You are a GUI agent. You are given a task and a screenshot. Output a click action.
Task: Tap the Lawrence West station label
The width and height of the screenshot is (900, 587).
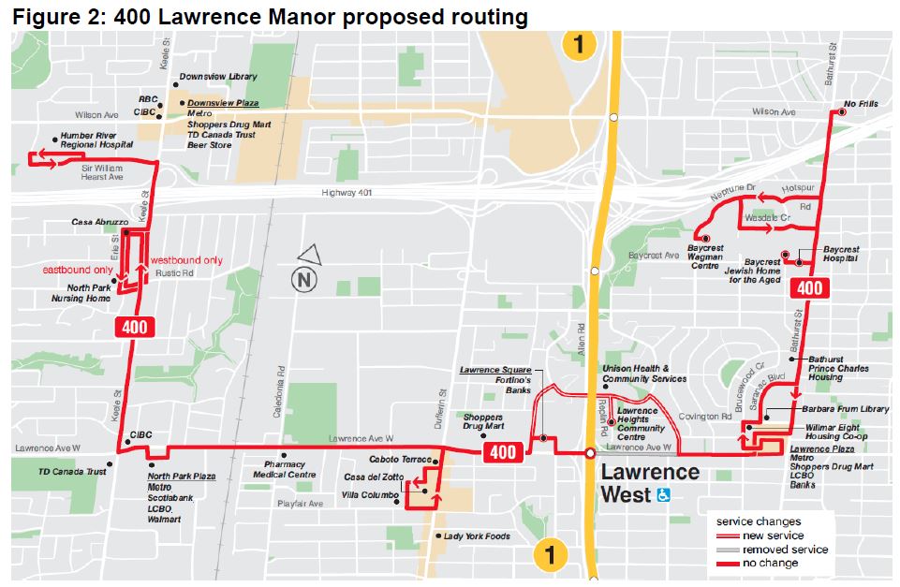click(x=649, y=482)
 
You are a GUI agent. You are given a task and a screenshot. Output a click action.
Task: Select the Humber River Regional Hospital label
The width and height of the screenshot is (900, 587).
click(x=96, y=139)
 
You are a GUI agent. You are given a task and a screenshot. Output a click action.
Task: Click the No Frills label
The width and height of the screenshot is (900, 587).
click(x=861, y=104)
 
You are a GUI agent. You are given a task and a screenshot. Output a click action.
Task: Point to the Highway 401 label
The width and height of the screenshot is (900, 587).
click(x=335, y=194)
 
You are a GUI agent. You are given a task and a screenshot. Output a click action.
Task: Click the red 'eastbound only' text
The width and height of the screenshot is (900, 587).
click(x=78, y=271)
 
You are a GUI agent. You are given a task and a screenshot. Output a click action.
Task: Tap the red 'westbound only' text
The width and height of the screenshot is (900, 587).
click(x=186, y=260)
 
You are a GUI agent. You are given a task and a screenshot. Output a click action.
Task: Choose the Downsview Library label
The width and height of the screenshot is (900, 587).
click(x=217, y=77)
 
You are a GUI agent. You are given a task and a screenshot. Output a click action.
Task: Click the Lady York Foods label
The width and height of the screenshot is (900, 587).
click(x=477, y=536)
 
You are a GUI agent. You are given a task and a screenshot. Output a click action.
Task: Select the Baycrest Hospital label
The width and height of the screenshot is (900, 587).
click(x=841, y=254)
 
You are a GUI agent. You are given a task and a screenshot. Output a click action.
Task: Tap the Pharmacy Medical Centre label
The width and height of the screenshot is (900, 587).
click(x=284, y=469)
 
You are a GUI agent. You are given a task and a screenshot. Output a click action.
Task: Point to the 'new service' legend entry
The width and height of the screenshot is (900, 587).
click(x=773, y=536)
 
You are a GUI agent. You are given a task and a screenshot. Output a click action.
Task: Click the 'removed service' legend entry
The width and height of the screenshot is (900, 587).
click(x=785, y=550)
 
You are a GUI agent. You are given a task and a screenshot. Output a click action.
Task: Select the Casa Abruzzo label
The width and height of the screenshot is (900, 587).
click(x=100, y=223)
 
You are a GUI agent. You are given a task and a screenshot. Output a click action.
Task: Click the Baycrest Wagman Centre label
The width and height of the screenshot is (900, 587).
click(x=703, y=258)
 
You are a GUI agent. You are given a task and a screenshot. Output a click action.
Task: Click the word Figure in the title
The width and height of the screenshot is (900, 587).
click(x=46, y=16)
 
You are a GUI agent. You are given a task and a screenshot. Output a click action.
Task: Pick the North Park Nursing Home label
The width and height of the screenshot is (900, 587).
click(x=81, y=293)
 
